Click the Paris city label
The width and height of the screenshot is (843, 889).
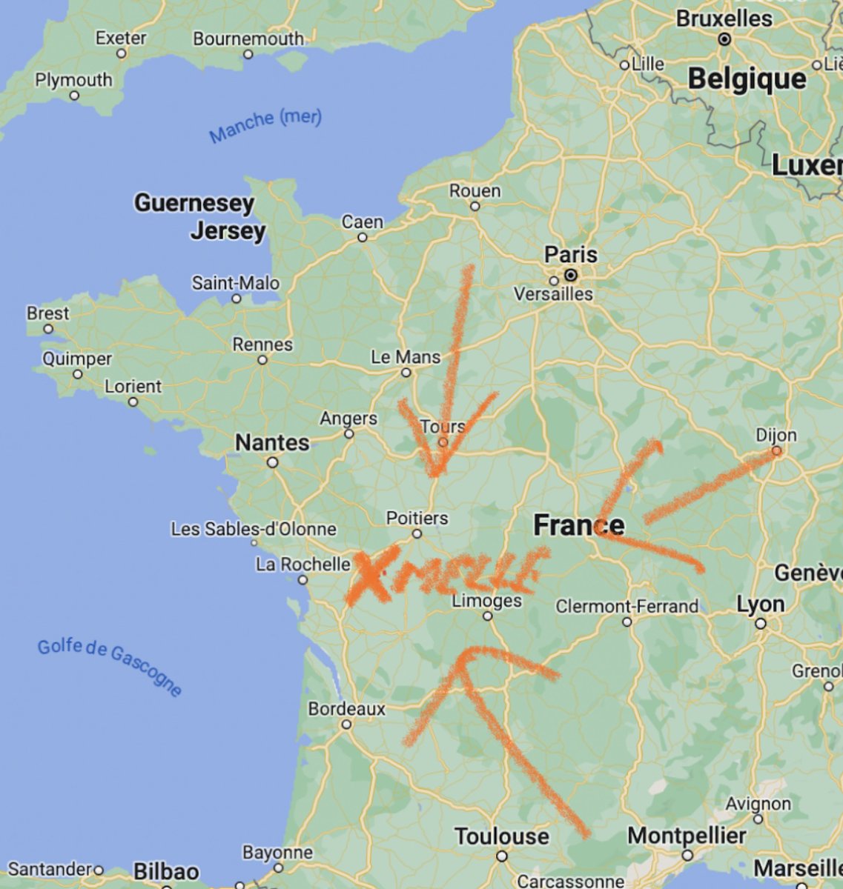pos(570,255)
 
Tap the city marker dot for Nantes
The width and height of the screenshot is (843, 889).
pos(273,462)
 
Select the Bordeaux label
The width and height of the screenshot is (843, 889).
pos(346,709)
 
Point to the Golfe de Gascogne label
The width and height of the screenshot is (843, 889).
pos(110,666)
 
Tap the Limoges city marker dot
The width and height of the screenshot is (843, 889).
pos(487,616)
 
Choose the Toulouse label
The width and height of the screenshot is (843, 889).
pos(502,836)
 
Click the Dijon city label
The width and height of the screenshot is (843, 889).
pos(776,435)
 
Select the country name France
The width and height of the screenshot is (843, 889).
pos(578,525)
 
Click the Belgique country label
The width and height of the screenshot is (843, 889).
pos(746,79)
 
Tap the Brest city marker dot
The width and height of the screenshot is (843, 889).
pos(48,328)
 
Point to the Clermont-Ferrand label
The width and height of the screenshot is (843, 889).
pos(627,606)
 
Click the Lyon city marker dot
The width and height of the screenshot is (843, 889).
pos(761,624)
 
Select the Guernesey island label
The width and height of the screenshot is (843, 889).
pos(194,202)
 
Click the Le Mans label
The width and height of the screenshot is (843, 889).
pos(405,357)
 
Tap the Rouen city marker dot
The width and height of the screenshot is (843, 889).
pos(475,206)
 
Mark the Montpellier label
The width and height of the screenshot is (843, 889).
pos(686,836)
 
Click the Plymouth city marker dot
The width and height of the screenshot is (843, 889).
pos(74,96)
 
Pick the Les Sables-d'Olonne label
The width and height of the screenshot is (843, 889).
pos(254,529)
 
